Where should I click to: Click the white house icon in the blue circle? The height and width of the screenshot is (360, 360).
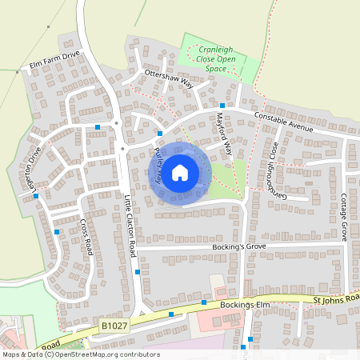(180, 172)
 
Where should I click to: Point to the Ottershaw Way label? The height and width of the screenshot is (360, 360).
(169, 78)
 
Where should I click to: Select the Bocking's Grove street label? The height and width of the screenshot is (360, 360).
(238, 248)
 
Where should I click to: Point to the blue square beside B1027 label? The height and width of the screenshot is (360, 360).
(170, 314)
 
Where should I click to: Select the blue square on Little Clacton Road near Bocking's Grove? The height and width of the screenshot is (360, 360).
(138, 272)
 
